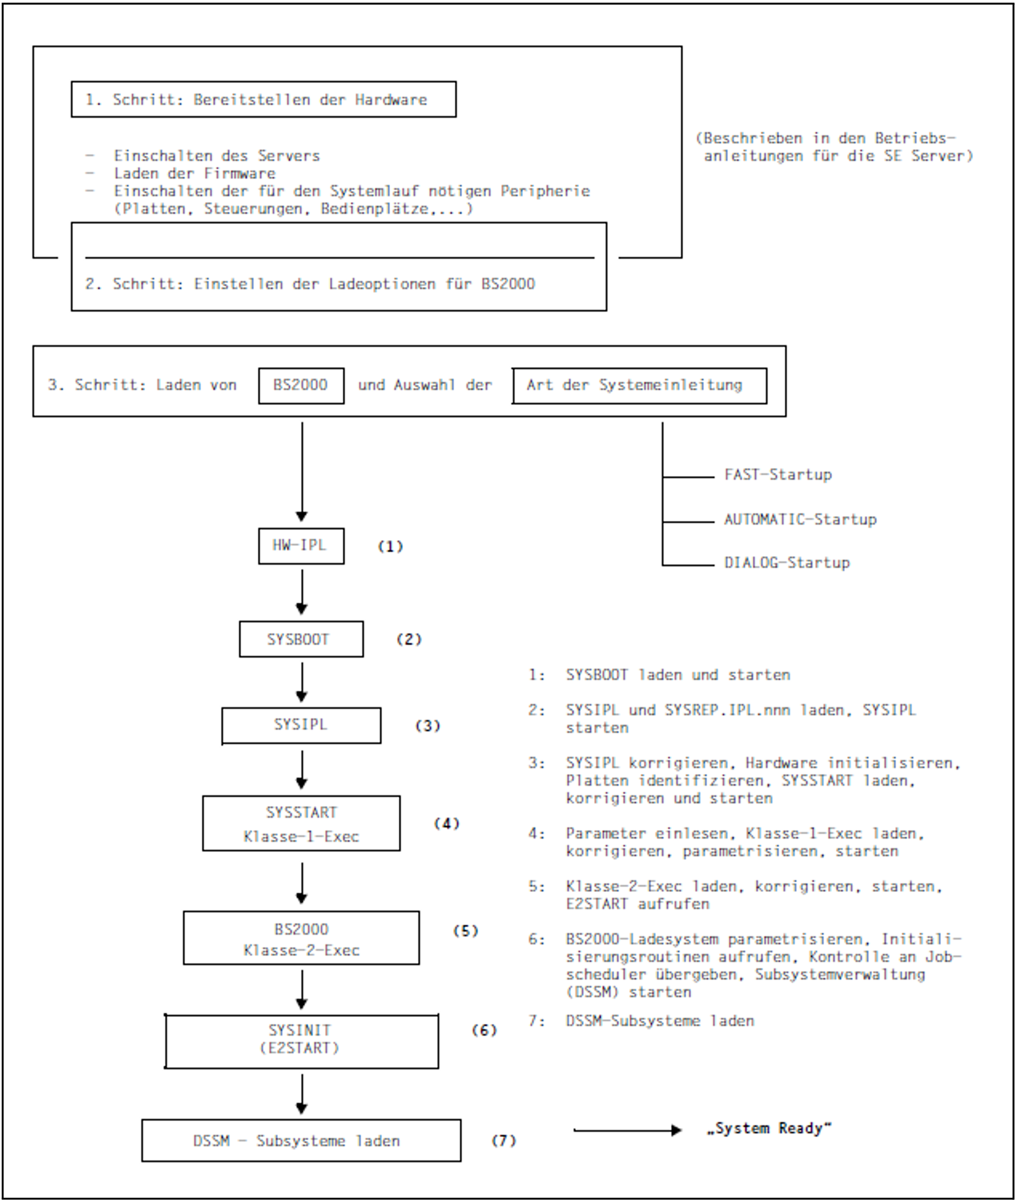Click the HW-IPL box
tap(301, 546)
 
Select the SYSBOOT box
tap(301, 639)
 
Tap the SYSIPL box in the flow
tap(301, 725)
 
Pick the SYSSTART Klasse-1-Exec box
tap(301, 823)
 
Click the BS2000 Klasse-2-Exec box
tap(301, 938)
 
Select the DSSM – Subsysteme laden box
tap(301, 1141)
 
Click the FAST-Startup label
tap(777, 475)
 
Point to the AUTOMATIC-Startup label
tap(800, 519)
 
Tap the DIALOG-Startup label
tap(786, 562)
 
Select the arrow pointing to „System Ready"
tap(627, 1130)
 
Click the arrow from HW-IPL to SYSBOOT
tap(301, 592)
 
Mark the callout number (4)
tap(446, 823)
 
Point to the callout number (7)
tap(503, 1141)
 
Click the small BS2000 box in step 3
tap(301, 385)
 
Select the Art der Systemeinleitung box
tap(639, 385)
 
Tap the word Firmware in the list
tap(239, 173)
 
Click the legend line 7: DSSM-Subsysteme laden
tap(641, 1022)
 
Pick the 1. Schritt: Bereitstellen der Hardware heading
tap(263, 99)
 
